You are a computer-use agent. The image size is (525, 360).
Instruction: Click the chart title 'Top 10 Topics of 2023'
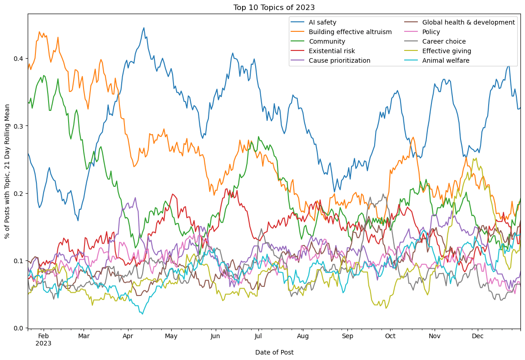(274, 7)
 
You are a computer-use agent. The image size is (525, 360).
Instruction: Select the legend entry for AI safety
(322, 22)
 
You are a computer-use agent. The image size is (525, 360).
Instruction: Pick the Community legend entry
(327, 41)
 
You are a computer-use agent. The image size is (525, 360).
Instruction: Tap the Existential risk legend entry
(332, 51)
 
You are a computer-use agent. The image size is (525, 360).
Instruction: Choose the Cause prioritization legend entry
(339, 60)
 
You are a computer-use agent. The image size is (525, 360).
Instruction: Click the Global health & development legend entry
(468, 22)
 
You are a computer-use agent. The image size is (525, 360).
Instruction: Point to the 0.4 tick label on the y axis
(18, 59)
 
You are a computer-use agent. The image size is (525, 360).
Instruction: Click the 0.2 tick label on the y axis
(18, 193)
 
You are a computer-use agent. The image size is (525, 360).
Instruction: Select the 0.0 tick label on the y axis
(18, 328)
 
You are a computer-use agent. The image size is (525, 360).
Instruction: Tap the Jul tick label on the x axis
(258, 336)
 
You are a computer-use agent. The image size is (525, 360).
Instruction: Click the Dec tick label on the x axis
(478, 336)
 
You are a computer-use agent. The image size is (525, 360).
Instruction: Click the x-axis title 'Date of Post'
(274, 352)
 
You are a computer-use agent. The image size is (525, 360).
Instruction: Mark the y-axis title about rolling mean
(7, 171)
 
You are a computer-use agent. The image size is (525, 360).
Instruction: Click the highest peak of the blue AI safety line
(144, 28)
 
